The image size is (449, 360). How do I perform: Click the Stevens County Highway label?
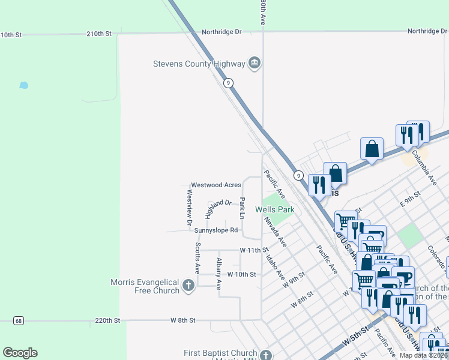coord(199,64)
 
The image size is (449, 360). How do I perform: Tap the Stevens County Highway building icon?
coord(255,63)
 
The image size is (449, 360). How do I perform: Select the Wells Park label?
coord(274,209)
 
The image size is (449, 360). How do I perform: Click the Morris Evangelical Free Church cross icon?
coord(189,286)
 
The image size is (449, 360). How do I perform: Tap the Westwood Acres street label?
coord(216,185)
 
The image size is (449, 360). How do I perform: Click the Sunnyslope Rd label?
coord(215,230)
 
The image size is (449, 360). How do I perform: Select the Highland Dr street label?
coord(218,208)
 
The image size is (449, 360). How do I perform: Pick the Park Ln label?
coord(243,208)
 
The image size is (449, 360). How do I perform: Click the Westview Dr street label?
coord(189,208)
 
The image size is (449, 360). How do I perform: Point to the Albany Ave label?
coord(219,273)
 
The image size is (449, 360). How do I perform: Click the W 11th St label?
coord(253,250)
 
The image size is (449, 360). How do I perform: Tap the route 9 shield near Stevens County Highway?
coord(228,83)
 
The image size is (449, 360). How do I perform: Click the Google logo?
coord(20,353)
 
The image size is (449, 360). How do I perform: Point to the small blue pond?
coord(23,85)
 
